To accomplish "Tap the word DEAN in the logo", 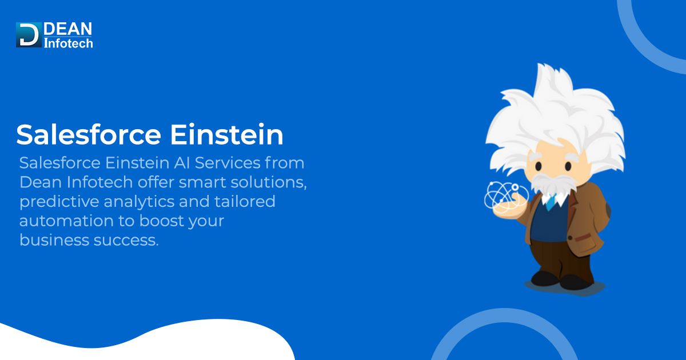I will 67,29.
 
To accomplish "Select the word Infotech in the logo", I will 68,43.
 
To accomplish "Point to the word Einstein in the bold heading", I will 227,135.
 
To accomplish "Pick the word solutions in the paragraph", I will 267,183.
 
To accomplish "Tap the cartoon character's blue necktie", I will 550,201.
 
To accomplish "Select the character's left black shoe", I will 544,278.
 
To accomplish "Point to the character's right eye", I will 568,166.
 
